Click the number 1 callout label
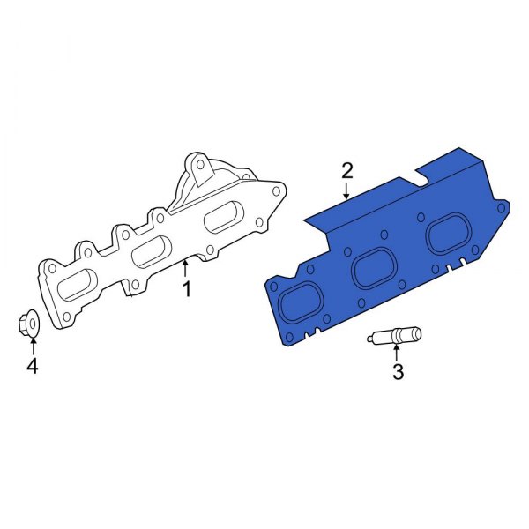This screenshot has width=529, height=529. [186, 289]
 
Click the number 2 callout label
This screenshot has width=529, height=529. [347, 169]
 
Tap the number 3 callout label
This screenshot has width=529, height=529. [397, 372]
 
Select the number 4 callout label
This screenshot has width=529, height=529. [33, 366]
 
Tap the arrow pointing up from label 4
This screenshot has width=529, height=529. [33, 346]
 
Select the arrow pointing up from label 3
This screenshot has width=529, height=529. [396, 354]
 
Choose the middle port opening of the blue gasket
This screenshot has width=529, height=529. [373, 271]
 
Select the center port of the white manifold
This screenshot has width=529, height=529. [152, 251]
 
